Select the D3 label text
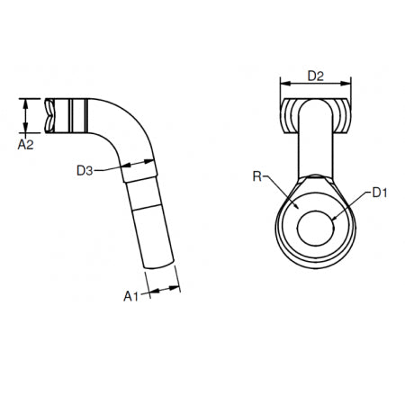point(85,168)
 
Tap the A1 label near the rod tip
point(130,294)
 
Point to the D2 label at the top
point(315,76)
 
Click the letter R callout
point(258,179)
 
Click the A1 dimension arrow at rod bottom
point(163,290)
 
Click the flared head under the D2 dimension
point(315,112)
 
